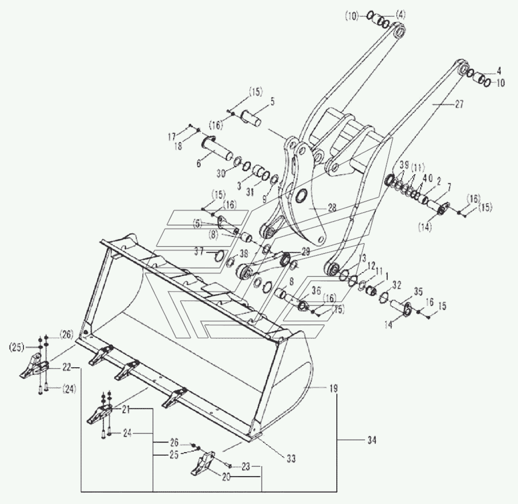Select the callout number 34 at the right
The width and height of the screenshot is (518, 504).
(x=371, y=440)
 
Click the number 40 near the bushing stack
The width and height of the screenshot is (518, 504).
(x=425, y=177)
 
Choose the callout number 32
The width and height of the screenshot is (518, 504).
(x=397, y=285)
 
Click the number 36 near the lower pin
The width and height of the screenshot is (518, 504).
(x=316, y=290)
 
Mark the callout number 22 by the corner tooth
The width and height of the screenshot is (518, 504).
(x=66, y=368)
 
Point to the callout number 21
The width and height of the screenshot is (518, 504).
(x=126, y=410)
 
